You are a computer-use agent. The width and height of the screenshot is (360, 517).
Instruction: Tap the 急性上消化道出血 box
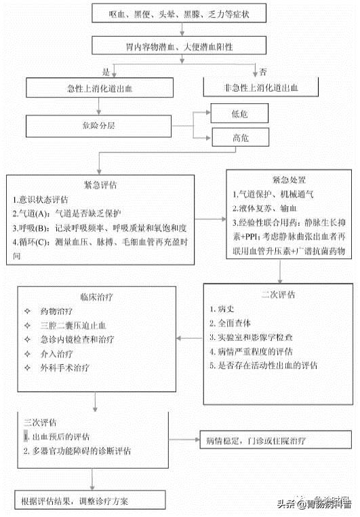pyautogui.click(x=99, y=87)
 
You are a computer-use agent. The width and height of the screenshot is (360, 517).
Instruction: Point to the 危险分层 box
pyautogui.click(x=99, y=126)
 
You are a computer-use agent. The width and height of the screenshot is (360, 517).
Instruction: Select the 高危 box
pyautogui.click(x=240, y=138)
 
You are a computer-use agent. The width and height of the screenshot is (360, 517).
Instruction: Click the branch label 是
pyautogui.click(x=105, y=71)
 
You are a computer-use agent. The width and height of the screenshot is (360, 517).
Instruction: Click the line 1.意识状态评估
pyautogui.click(x=41, y=200)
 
